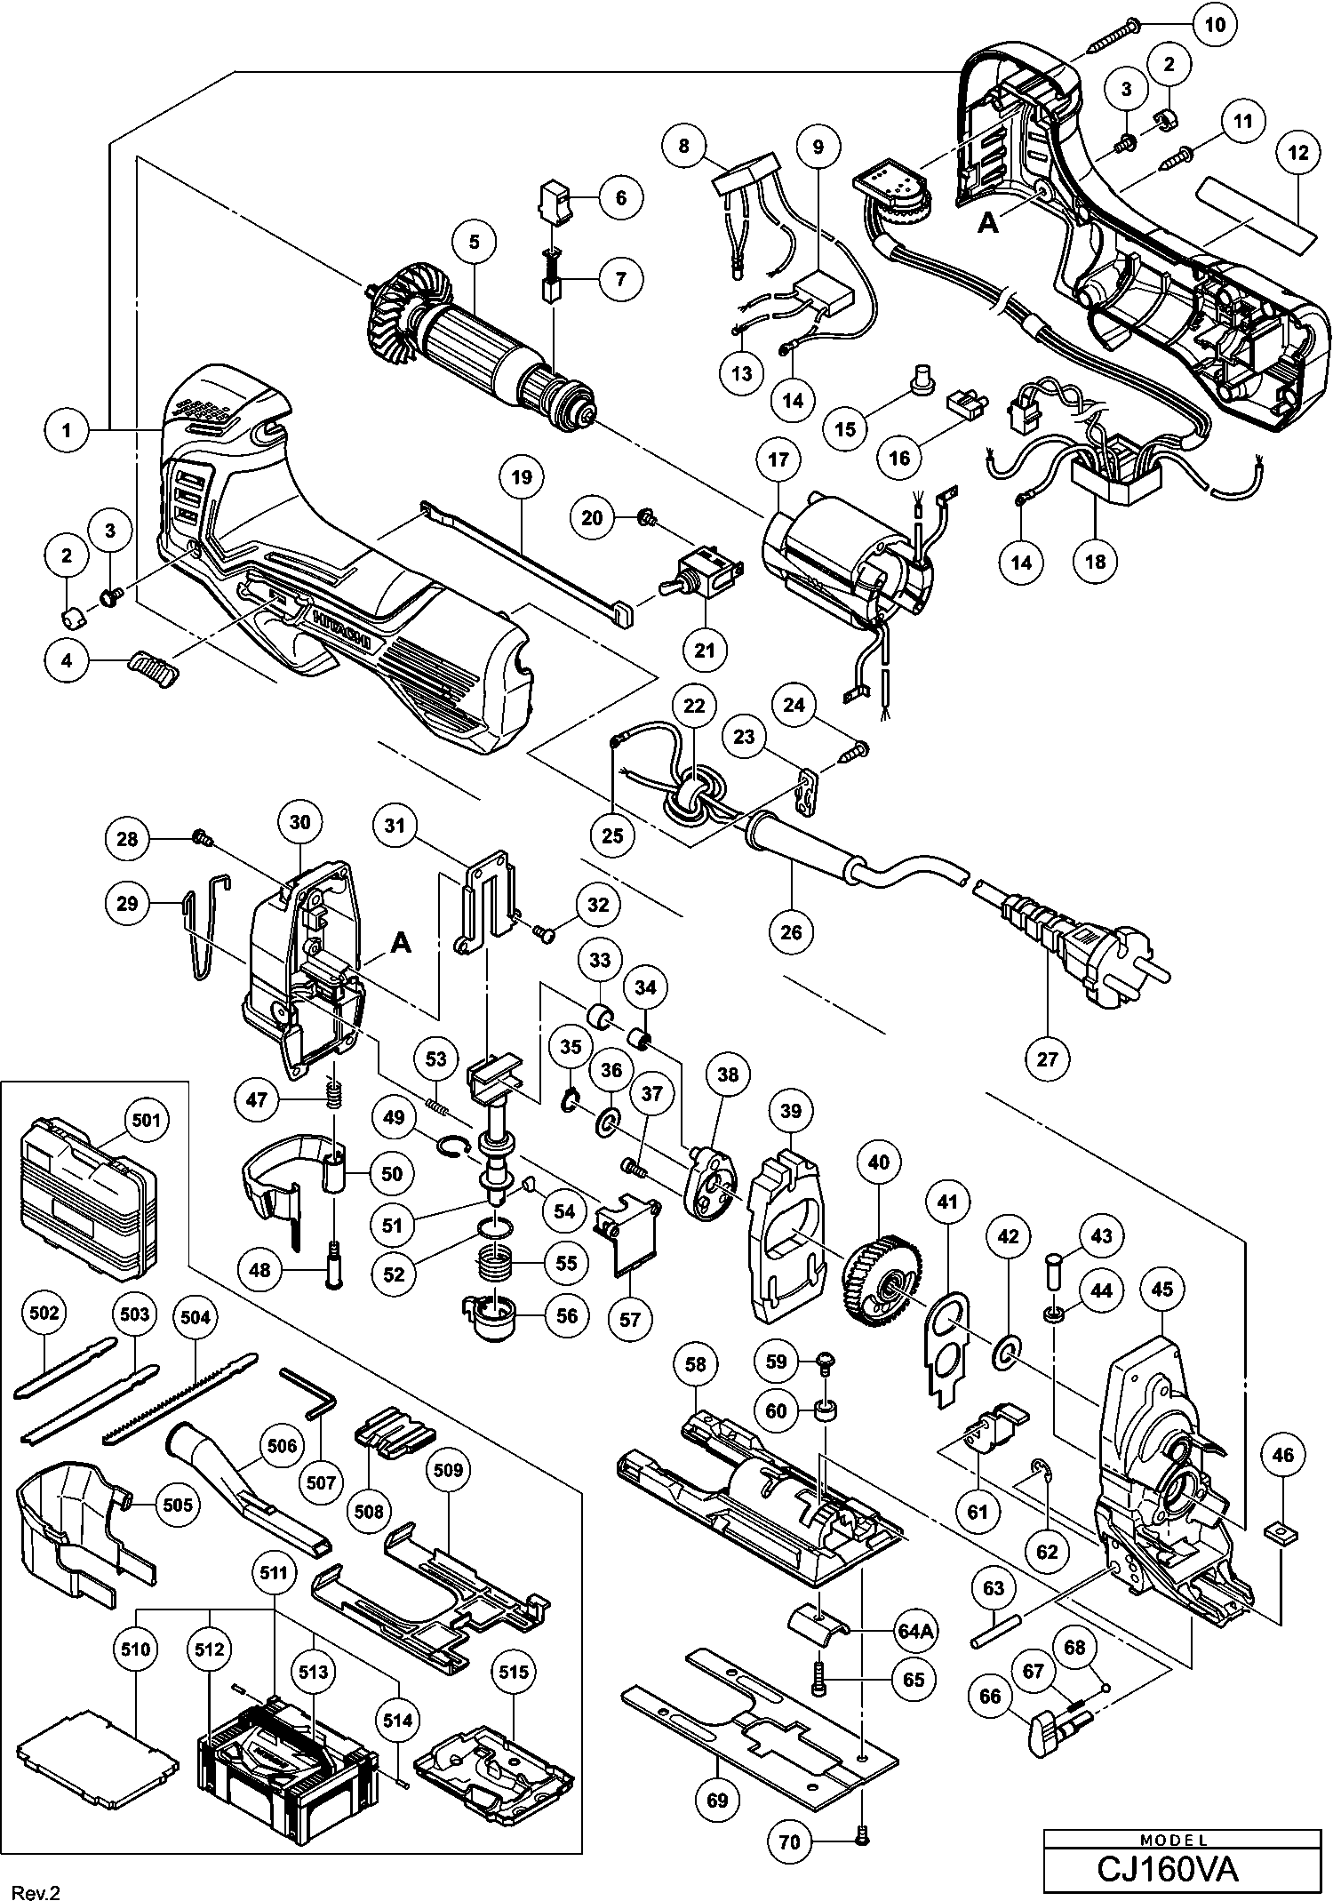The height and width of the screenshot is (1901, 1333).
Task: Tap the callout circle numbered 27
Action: (x=1048, y=1059)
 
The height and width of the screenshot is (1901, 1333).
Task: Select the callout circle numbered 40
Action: (x=878, y=1162)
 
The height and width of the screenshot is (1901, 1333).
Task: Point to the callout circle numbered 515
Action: (x=515, y=1673)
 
